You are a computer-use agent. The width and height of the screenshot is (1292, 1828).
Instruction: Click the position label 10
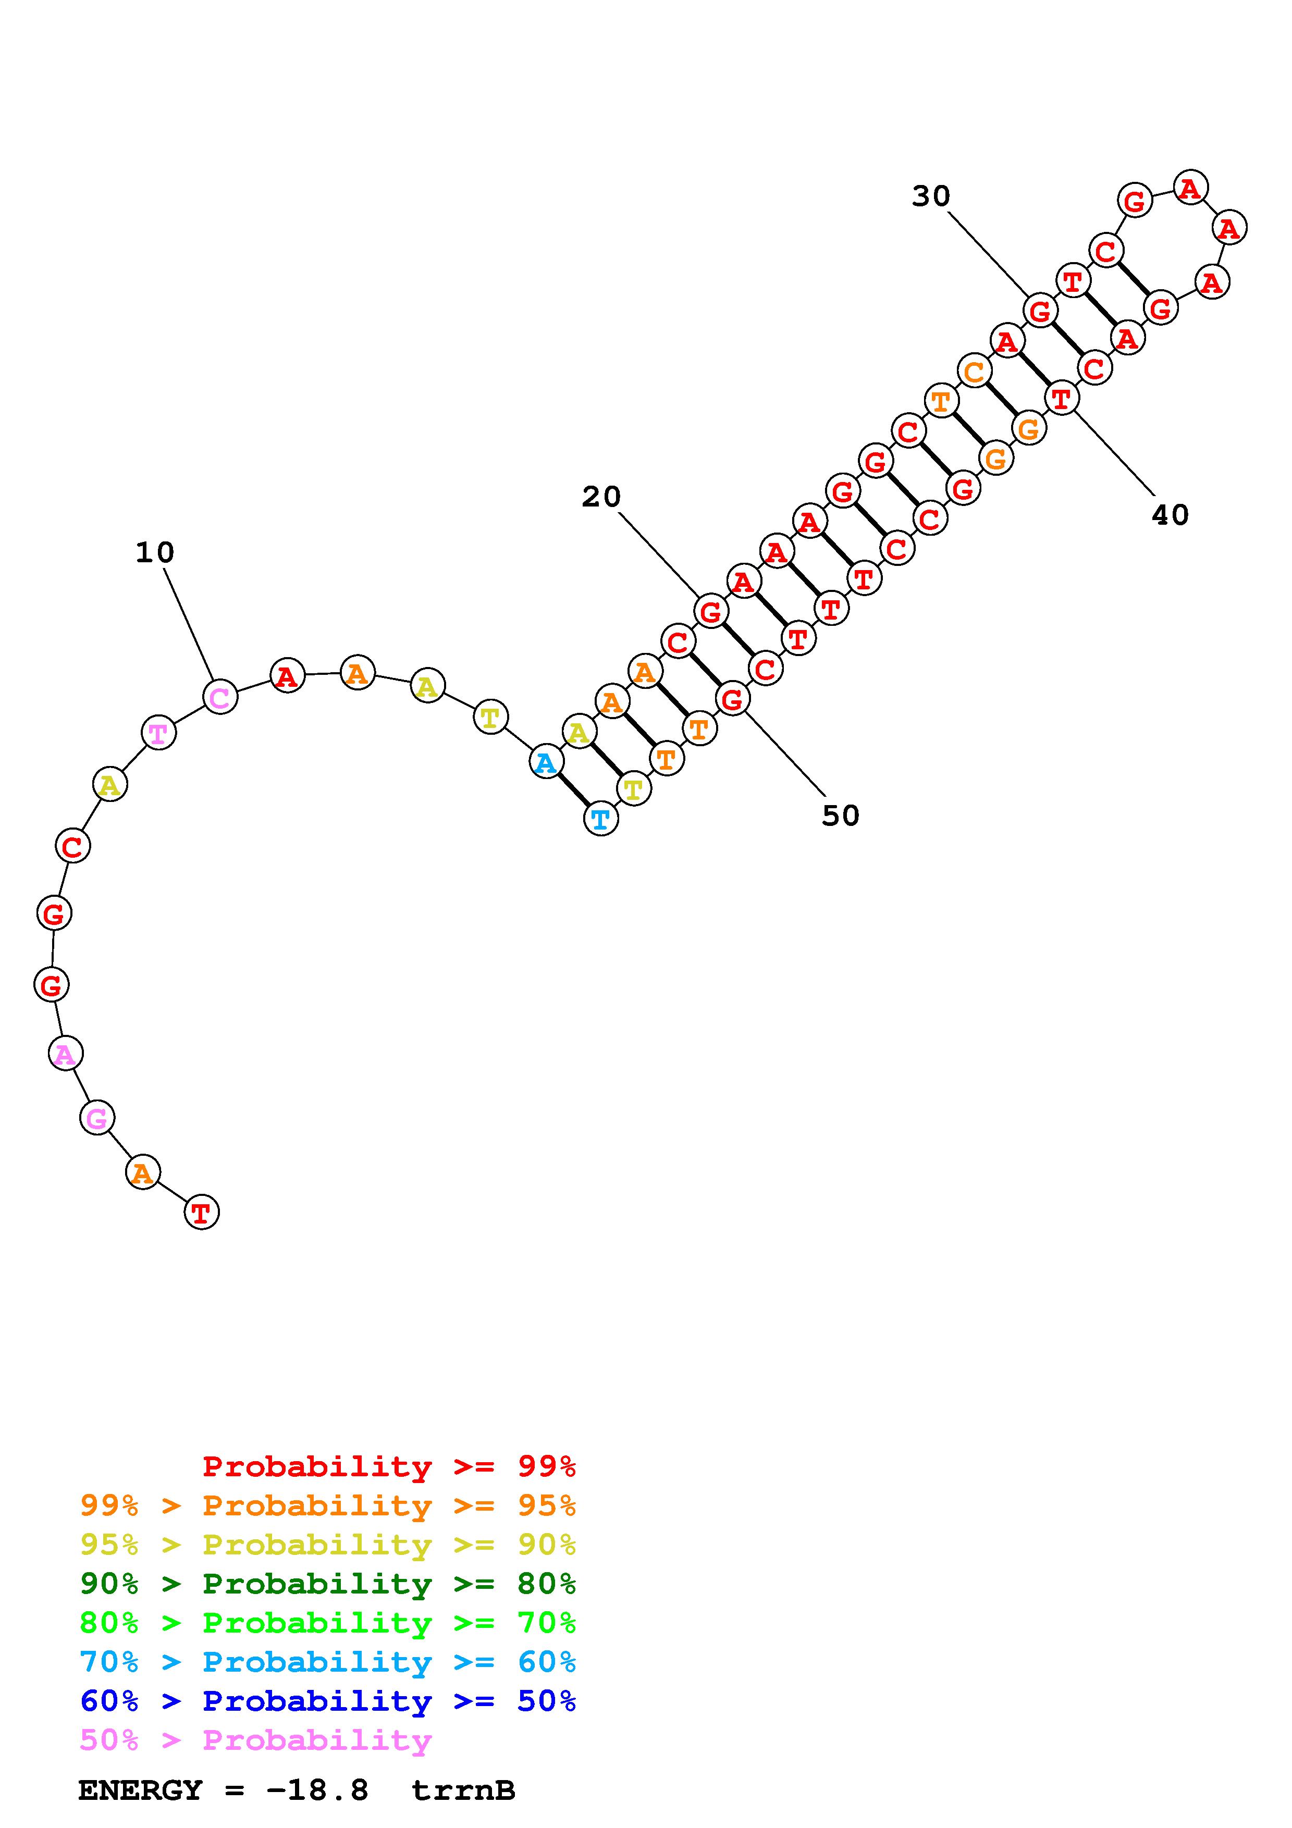154,552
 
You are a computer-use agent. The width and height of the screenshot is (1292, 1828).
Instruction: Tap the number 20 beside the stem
601,497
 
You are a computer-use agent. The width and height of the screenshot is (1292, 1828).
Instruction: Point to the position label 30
931,196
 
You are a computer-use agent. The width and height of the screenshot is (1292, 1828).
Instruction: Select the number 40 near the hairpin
1170,515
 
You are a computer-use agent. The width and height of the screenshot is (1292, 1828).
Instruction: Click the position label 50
841,816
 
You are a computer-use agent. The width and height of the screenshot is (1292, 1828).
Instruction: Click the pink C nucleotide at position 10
220,697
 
